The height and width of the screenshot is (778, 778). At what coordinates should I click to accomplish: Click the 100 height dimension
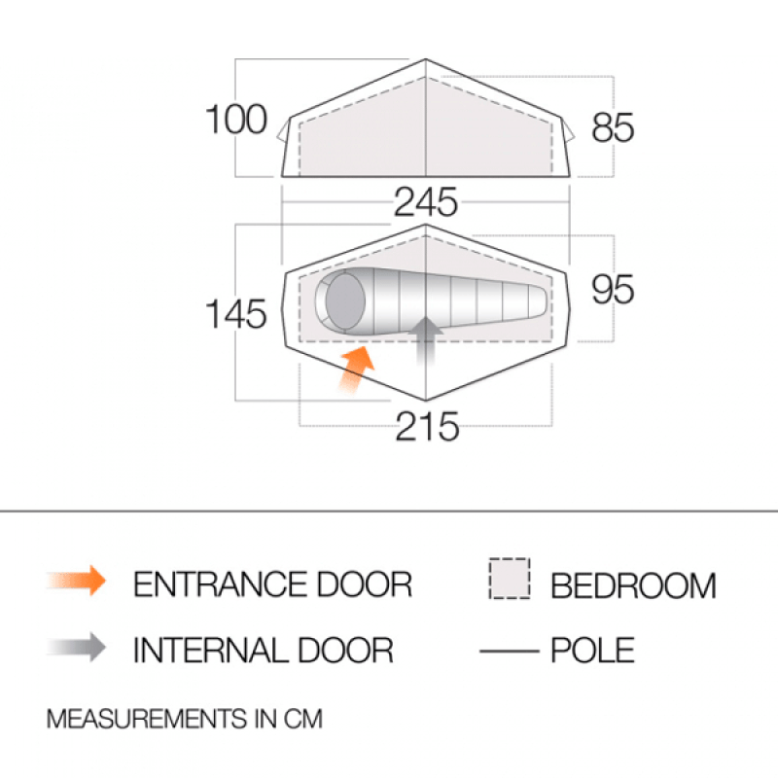click(x=235, y=120)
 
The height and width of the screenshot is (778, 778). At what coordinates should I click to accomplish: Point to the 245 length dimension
click(x=426, y=202)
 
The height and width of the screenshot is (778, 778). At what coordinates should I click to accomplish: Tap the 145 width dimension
click(x=235, y=314)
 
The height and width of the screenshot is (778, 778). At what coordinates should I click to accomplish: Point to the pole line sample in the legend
click(x=509, y=650)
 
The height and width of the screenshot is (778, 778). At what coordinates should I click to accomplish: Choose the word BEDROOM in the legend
click(x=633, y=585)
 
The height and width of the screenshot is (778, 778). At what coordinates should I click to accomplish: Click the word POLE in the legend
click(x=592, y=650)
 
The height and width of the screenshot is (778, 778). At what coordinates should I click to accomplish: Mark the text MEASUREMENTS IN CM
click(x=185, y=720)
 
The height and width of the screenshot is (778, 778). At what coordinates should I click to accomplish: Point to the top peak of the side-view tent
click(x=426, y=60)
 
